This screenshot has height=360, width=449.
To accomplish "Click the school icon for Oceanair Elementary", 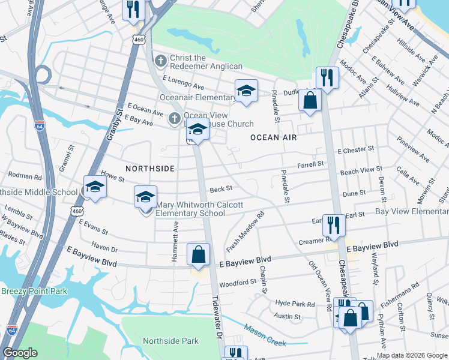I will [x=246, y=91].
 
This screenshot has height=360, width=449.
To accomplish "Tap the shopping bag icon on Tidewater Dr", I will [x=199, y=254].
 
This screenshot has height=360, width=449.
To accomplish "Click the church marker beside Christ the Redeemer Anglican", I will [x=160, y=61].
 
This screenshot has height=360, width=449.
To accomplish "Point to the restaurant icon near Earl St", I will [x=334, y=226].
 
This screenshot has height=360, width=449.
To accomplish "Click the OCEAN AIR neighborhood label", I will [x=274, y=137].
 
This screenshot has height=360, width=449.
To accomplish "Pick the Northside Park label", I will [x=170, y=341].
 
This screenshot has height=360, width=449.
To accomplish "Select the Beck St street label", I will [x=221, y=190].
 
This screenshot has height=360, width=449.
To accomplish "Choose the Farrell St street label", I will [x=311, y=164].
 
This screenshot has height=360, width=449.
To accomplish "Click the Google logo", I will [x=20, y=353].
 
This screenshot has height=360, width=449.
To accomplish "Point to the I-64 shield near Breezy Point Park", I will [x=11, y=330].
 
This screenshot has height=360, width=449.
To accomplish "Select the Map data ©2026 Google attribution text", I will [x=412, y=355].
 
